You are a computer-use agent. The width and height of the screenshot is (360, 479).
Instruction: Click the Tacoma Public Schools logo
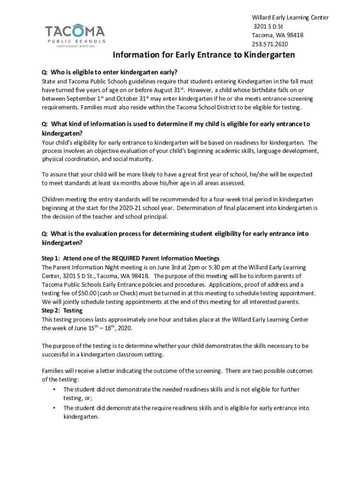click(75, 35)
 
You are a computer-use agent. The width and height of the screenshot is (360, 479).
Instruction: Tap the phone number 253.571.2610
click(270, 44)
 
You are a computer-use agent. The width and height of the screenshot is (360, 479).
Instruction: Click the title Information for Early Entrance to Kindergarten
click(204, 55)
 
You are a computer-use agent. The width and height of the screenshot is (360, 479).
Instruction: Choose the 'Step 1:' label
click(51, 258)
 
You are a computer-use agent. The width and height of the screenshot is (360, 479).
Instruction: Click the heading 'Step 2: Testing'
click(62, 311)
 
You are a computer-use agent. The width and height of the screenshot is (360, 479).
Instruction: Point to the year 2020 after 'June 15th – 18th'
click(124, 328)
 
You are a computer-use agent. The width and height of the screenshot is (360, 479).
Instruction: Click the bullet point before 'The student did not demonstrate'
click(55, 390)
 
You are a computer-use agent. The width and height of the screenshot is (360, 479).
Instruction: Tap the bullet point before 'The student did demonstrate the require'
click(55, 408)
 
